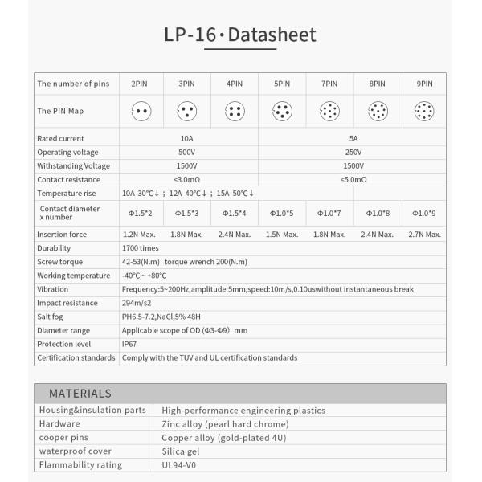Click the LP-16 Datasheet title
pyautogui.click(x=240, y=35)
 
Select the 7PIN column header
pyautogui.click(x=329, y=83)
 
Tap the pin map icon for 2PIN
pyautogui.click(x=141, y=111)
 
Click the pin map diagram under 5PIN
pyautogui.click(x=282, y=111)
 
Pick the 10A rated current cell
pyautogui.click(x=188, y=138)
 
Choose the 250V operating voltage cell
pyautogui.click(x=353, y=152)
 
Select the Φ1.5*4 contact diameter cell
pyautogui.click(x=234, y=213)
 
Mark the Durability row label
pyautogui.click(x=54, y=248)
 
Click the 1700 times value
pyautogui.click(x=141, y=248)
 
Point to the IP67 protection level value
pyautogui.click(x=129, y=344)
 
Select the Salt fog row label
pyautogui.click(x=51, y=317)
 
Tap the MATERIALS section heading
pyautogui.click(x=80, y=394)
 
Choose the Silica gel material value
pyautogui.click(x=183, y=451)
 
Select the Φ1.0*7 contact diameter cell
pyautogui.click(x=329, y=213)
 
